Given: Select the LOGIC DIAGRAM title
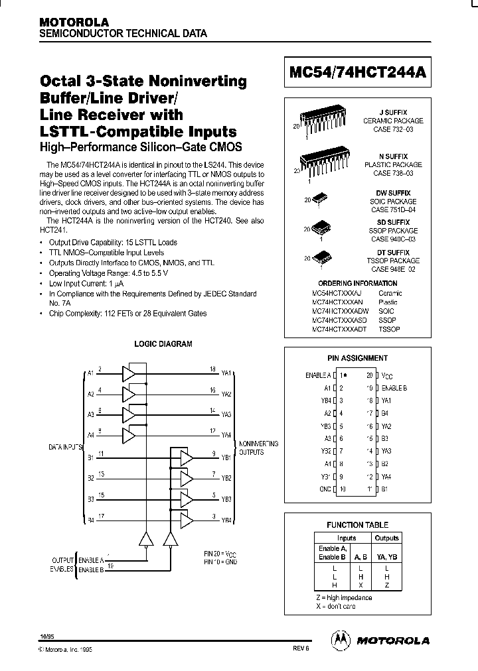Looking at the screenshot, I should point(163,344).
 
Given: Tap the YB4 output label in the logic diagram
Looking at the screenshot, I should point(226,520).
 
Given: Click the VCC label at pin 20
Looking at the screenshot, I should point(388,375).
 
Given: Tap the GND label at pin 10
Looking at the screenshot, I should point(325,489).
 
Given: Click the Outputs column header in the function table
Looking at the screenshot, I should point(386,538).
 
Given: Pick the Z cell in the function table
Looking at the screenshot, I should point(386,585).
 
